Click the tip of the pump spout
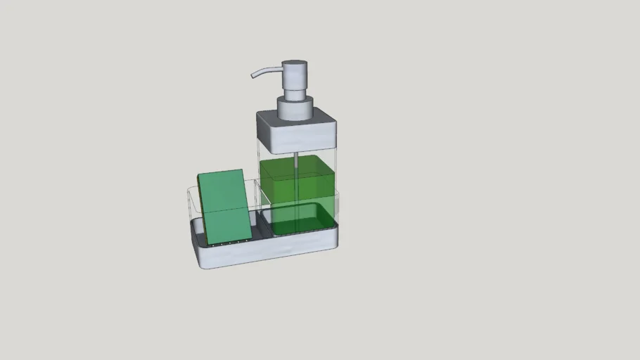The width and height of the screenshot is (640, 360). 253,75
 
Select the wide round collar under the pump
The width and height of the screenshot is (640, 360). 295,108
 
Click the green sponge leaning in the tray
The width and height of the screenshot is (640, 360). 225,207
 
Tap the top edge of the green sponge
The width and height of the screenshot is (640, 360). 220,173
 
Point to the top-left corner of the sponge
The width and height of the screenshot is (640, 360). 198,176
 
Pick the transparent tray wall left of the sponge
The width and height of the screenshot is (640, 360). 192,204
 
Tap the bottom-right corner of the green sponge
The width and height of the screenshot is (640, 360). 251,238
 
